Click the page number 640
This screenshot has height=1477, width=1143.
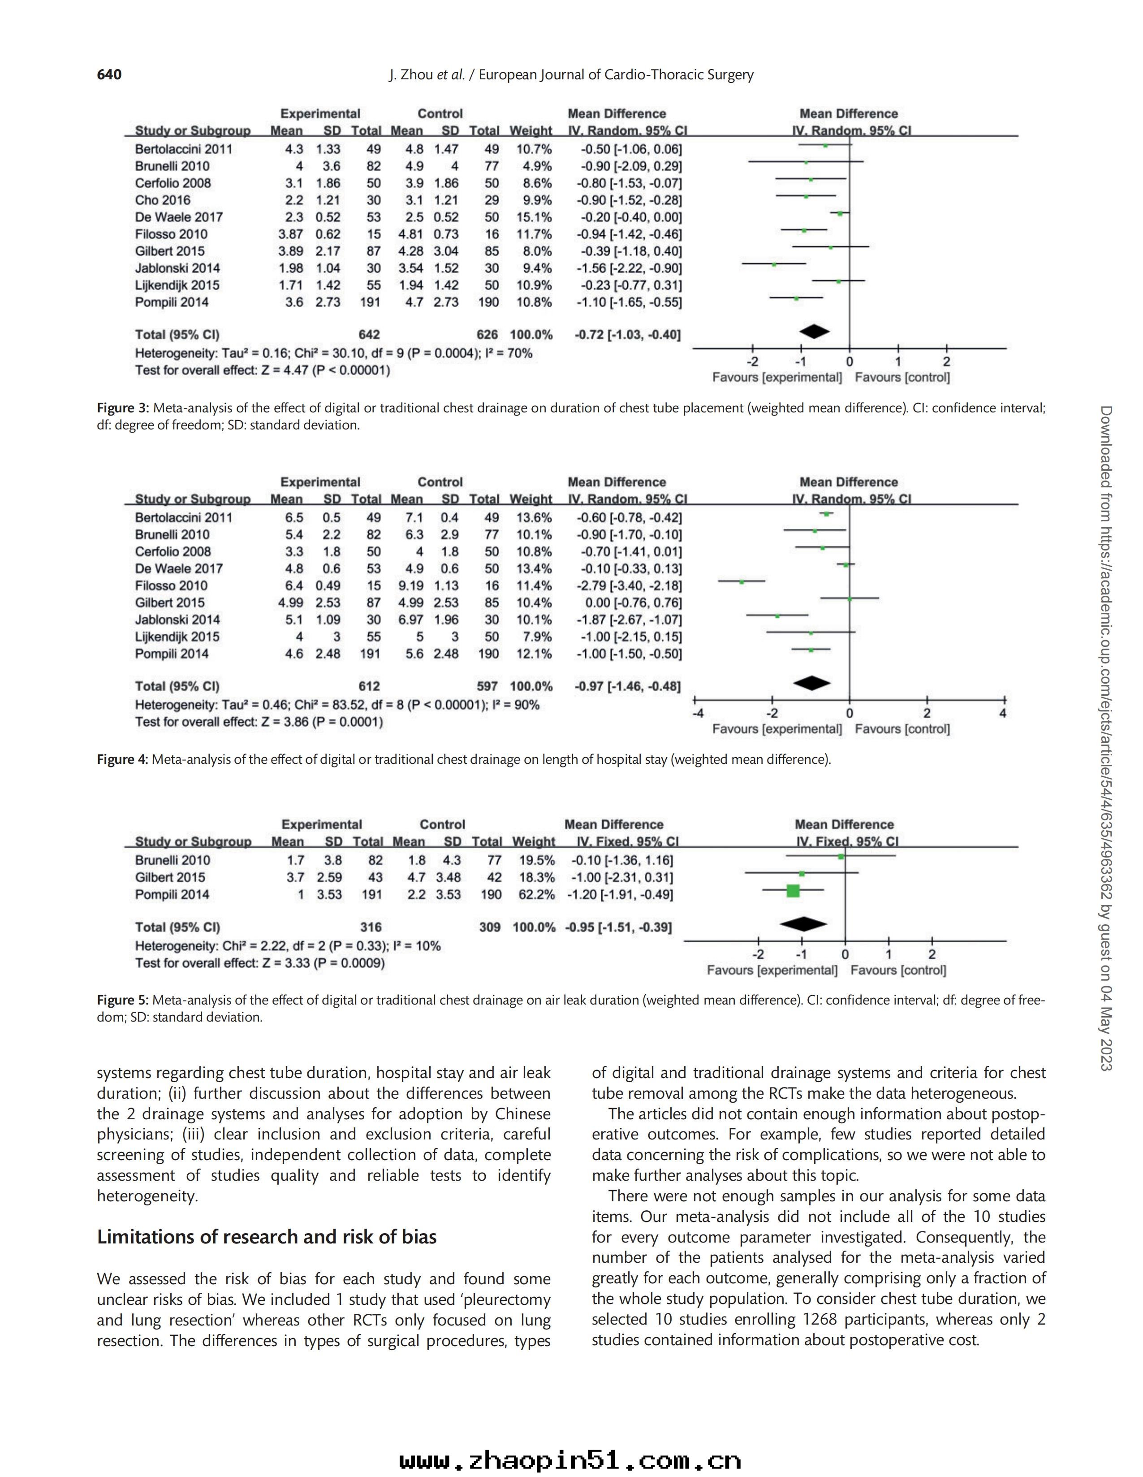[x=109, y=74]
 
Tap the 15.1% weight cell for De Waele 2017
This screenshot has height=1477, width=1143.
[x=534, y=217]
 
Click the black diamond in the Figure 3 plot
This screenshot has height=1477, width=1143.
[x=815, y=331]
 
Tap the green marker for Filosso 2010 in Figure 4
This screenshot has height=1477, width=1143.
[x=742, y=581]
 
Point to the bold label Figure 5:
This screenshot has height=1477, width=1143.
[x=123, y=1000]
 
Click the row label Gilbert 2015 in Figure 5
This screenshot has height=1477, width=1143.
[x=170, y=878]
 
